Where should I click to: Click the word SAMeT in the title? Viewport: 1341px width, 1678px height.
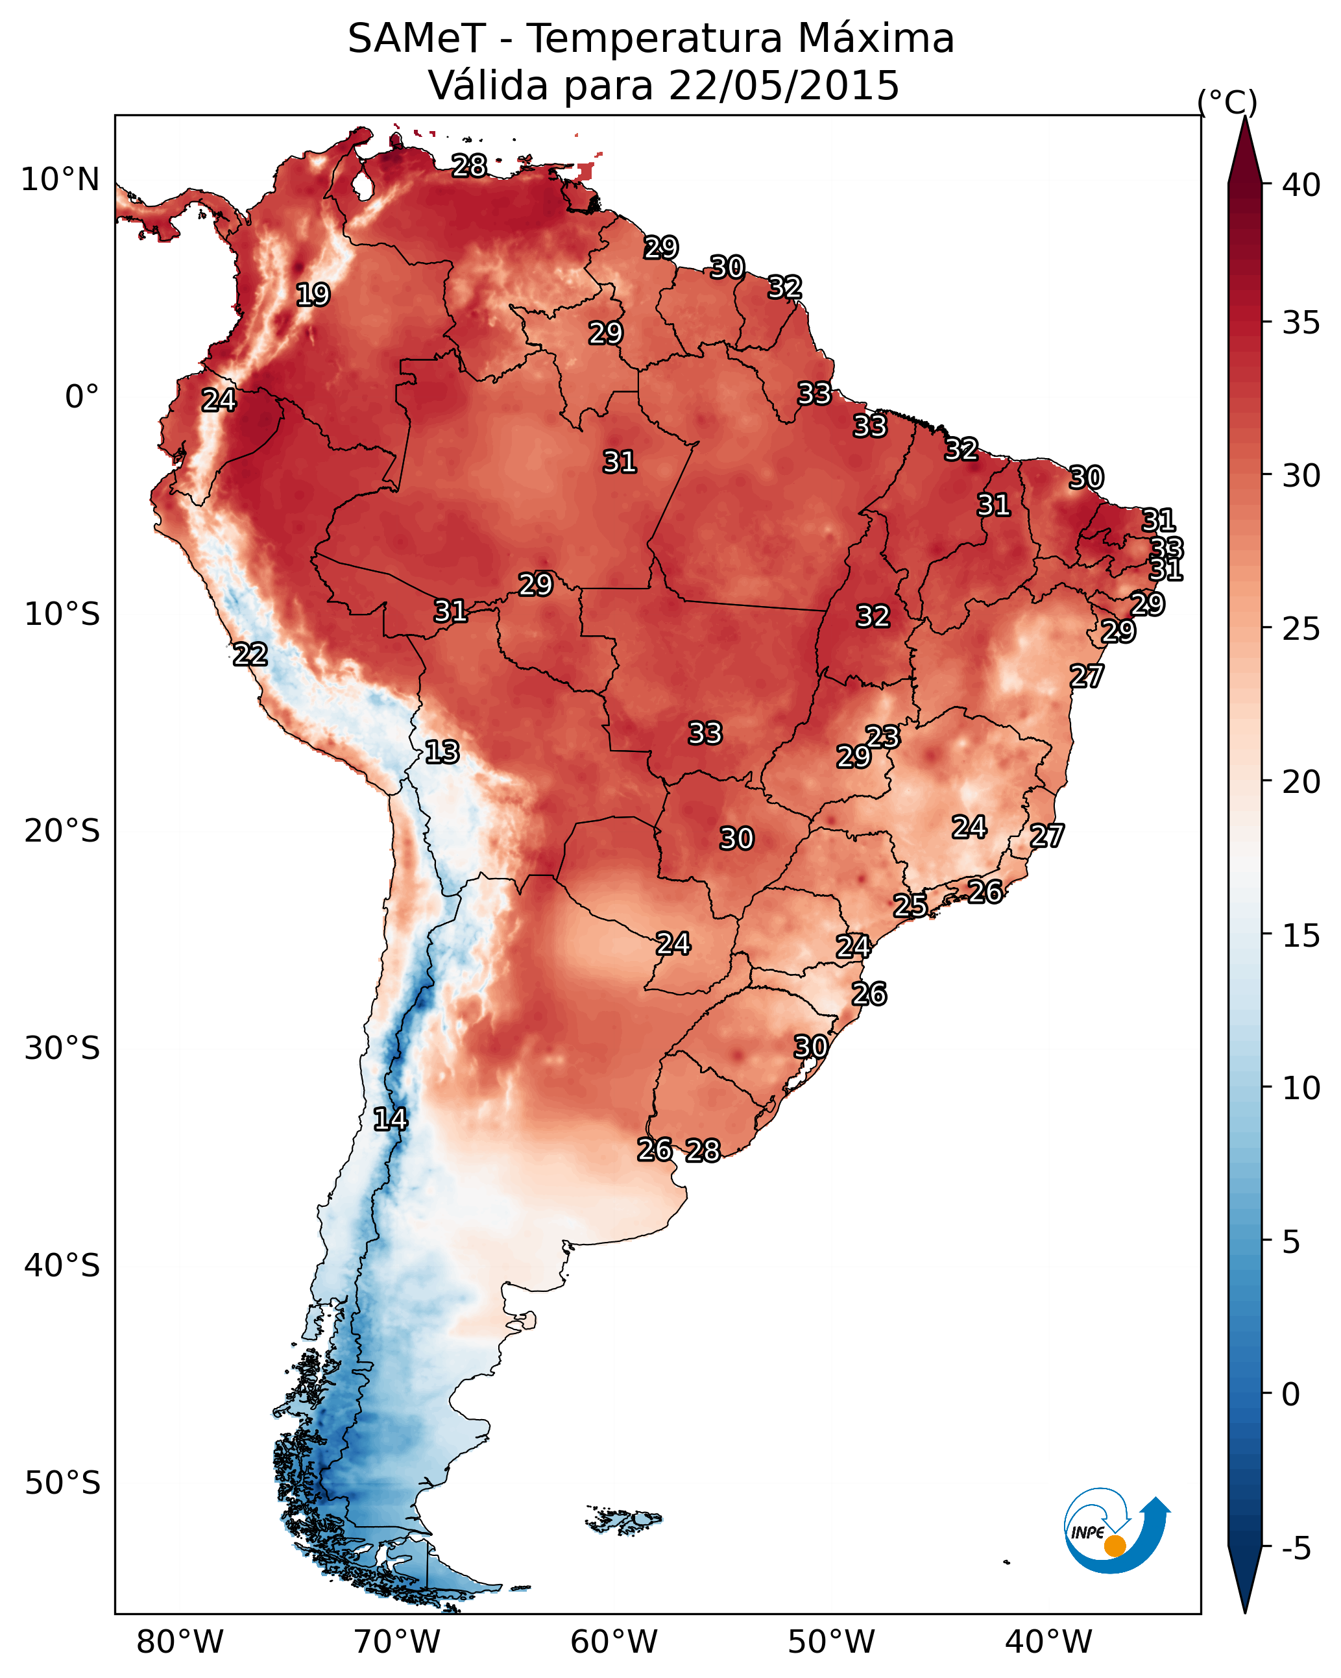pos(417,39)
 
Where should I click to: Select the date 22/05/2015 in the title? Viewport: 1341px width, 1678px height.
pos(784,86)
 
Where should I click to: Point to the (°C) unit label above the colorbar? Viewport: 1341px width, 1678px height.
pos(1227,102)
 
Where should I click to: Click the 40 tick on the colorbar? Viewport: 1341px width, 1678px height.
pos(1301,185)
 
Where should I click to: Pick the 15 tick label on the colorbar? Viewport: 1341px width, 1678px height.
pos(1301,936)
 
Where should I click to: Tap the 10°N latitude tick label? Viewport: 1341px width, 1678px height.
pos(60,180)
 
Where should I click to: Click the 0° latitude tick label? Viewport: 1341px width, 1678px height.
pos(82,397)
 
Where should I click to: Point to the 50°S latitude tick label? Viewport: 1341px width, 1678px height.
pos(62,1483)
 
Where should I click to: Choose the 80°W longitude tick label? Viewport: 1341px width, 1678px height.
pos(180,1642)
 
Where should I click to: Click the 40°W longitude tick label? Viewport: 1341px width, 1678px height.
pos(1048,1642)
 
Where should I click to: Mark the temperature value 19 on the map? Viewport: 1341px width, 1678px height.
pos(313,295)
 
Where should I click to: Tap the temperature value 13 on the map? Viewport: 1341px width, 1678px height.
pos(442,752)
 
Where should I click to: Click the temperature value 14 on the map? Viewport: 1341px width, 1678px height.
pos(390,1119)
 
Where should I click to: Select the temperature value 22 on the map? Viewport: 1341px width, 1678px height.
pos(250,655)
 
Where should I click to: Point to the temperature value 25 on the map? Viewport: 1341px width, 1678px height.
pos(910,905)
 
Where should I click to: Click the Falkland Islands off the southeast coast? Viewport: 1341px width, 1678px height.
pos(623,1518)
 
